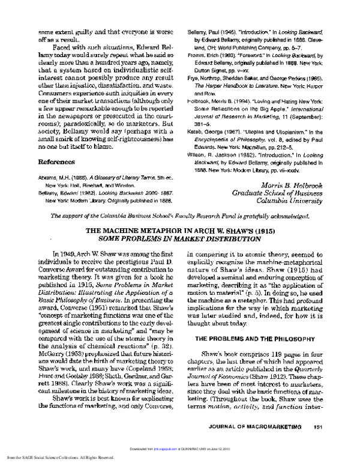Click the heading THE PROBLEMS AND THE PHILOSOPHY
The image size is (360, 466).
(256, 339)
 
